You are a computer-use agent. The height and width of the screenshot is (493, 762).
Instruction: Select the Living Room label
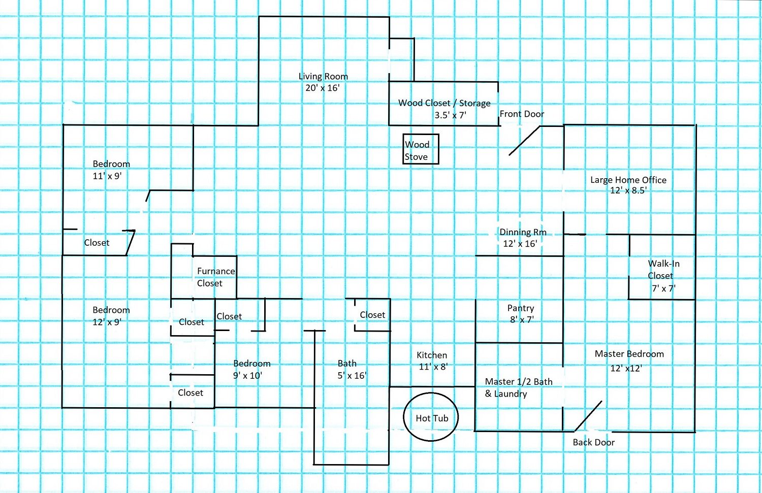[323, 77]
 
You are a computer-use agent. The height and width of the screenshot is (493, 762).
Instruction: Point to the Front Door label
[522, 114]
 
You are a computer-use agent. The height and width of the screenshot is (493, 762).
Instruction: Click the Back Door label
[594, 442]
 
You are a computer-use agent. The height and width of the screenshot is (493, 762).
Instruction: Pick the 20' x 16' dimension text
[322, 88]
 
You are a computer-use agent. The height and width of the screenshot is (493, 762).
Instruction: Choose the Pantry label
[521, 308]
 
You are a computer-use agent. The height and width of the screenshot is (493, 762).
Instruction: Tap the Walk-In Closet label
[663, 270]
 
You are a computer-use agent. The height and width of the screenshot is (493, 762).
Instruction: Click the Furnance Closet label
[216, 277]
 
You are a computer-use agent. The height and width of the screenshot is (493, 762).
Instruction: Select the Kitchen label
[432, 355]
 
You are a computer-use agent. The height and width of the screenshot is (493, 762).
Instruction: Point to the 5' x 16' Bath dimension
[352, 375]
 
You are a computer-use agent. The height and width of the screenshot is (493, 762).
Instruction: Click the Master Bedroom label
[629, 354]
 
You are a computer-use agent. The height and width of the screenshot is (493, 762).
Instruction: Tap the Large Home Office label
[628, 180]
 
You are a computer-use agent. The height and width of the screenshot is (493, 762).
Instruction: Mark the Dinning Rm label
[523, 232]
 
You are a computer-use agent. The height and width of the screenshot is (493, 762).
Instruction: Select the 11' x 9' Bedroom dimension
[107, 176]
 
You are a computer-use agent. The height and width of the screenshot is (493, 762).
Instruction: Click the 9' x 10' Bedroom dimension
[247, 375]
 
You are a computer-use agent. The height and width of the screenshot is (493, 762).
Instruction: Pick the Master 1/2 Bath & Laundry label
[519, 387]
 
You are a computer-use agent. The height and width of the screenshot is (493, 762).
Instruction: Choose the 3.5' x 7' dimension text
[450, 115]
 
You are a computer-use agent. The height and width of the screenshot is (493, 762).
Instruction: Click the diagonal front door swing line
[524, 141]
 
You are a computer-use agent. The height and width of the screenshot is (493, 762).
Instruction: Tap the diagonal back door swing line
[588, 416]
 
